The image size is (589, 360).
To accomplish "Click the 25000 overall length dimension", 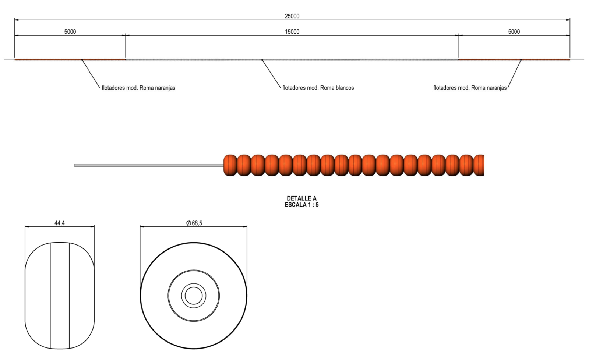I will (292, 16).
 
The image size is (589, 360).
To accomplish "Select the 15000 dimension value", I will (292, 32).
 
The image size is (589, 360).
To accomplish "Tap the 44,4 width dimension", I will (60, 223).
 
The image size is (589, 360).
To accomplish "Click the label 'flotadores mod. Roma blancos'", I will (318, 88).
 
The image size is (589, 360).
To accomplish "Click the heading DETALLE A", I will (301, 198).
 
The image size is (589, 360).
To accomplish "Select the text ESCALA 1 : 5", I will (301, 205).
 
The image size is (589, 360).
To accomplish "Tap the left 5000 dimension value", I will (70, 32).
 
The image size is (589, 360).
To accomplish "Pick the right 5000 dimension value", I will (514, 32).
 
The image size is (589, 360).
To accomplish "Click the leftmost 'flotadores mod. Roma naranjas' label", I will (138, 88).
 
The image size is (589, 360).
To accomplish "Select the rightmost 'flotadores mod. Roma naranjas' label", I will (470, 88).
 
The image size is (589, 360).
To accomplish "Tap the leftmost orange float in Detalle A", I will (230, 165).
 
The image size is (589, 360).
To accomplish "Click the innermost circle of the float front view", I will (194, 296).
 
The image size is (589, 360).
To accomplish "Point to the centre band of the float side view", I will (60, 296).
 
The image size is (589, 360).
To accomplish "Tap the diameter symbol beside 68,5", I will (188, 223).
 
